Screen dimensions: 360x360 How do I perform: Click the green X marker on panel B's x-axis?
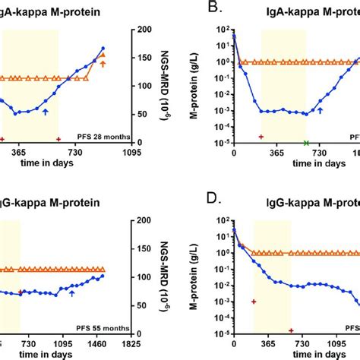(307, 143)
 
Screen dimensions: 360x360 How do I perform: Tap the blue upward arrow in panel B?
(320, 112)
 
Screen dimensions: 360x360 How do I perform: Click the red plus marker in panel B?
(261, 137)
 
